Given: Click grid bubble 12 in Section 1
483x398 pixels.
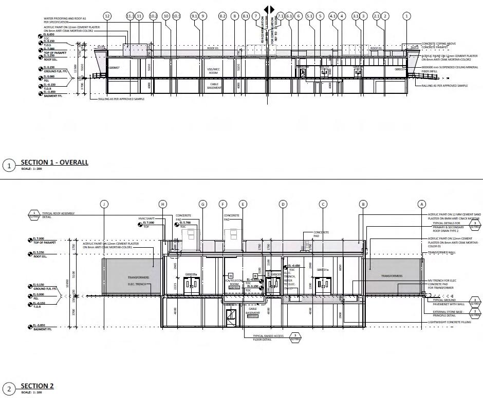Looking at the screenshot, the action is click(107, 16).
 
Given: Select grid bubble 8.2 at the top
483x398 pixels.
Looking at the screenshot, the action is click(222, 16).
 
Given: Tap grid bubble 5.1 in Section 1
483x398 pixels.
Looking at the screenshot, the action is click(309, 16).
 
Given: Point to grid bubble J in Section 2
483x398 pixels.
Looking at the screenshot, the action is click(104, 204).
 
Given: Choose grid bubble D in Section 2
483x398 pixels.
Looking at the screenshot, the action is click(283, 204).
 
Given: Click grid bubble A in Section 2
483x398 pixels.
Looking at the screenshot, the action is click(422, 204).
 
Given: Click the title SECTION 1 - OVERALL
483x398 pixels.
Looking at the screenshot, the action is click(54, 163).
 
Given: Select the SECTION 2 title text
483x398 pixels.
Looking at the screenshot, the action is click(37, 386).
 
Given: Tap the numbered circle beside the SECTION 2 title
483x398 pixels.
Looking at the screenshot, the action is click(8, 388).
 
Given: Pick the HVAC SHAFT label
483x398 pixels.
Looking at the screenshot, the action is click(146, 218).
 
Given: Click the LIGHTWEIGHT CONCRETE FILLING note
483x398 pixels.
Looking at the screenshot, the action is click(450, 322).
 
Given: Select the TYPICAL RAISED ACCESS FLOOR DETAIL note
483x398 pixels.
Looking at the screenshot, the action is click(268, 338).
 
